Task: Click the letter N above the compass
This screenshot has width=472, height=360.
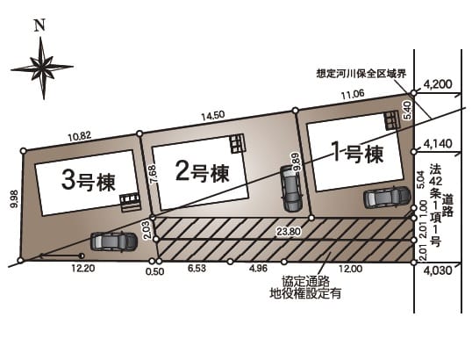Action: pos(39,25)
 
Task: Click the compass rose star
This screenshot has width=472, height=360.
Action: pos(43,68)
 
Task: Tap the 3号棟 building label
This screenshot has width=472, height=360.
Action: pos(89,181)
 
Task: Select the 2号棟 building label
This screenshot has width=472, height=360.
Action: pos(203,172)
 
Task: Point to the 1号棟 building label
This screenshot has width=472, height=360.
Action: pos(357,153)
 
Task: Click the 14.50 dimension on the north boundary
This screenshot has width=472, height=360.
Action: pos(213,115)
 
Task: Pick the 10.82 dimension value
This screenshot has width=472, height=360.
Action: pos(80,137)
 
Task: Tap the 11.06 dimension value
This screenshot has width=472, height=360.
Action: pos(353,95)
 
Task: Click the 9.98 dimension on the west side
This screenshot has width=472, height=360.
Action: pos(14,199)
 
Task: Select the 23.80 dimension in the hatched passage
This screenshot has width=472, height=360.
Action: pos(290,231)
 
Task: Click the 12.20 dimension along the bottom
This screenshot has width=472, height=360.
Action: pos(83,268)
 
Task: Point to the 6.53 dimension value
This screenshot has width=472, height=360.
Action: pos(197,268)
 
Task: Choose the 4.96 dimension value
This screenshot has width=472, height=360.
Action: pos(258,268)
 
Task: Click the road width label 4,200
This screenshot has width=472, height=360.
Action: pos(438,84)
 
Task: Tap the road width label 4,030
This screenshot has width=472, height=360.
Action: pos(438,270)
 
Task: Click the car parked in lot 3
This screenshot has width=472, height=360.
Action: pos(114,241)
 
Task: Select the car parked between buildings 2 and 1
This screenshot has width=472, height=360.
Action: pos(291,189)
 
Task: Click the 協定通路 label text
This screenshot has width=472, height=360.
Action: pos(305,282)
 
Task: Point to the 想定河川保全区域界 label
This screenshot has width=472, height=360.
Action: pos(361,74)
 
